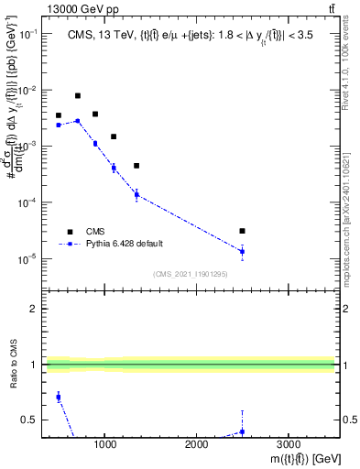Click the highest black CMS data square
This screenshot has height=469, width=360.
[x=78, y=95]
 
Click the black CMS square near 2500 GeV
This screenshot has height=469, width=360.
[x=242, y=231]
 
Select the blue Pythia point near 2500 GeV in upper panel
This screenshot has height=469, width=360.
[x=242, y=251]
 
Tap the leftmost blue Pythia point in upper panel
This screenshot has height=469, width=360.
[x=59, y=125]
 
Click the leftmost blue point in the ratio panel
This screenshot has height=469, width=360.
[x=59, y=397]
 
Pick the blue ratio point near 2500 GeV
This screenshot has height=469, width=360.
[x=242, y=431]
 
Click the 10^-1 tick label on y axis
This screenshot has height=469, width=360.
[x=28, y=34]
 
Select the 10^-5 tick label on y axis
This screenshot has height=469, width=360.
[x=28, y=258]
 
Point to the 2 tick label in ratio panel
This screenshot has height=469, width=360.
[x=33, y=309]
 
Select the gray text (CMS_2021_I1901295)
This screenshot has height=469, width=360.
[x=190, y=273]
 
